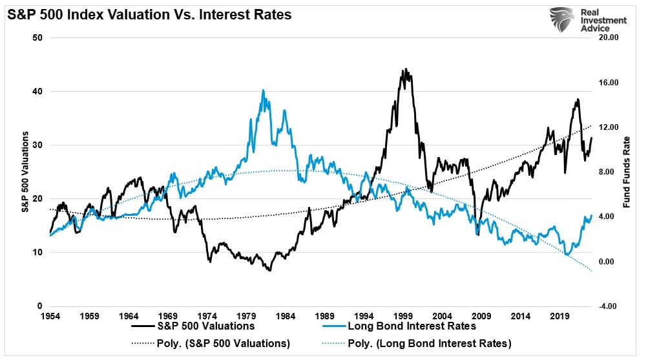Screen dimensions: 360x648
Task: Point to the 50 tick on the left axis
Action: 38,37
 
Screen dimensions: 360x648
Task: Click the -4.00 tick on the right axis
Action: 609,306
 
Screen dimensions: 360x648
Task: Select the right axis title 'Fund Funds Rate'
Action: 626,172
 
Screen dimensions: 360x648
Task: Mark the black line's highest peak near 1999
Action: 406,69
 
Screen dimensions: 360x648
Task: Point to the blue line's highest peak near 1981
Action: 263,90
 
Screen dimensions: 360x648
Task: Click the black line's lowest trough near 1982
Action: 268,270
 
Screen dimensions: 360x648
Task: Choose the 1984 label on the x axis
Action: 286,317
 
